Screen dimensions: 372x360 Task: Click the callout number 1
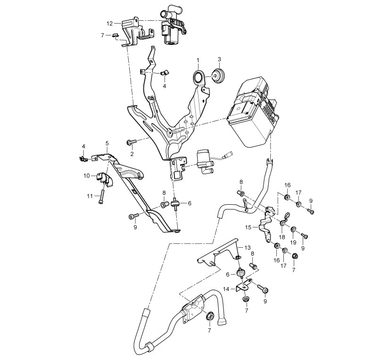pyautogui.click(x=198, y=60)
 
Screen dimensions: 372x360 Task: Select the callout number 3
pyautogui.click(x=219, y=59)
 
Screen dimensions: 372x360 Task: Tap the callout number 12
pyautogui.click(x=109, y=24)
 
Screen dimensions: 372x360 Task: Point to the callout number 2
pyautogui.click(x=132, y=154)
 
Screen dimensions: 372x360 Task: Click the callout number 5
pyautogui.click(x=107, y=143)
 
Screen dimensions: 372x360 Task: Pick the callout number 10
pyautogui.click(x=87, y=176)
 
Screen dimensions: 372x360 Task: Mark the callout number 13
pyautogui.click(x=248, y=248)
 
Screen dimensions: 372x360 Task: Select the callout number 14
pyautogui.click(x=226, y=289)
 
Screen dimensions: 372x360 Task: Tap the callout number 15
pyautogui.click(x=248, y=227)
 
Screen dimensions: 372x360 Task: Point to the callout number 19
pyautogui.click(x=293, y=242)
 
